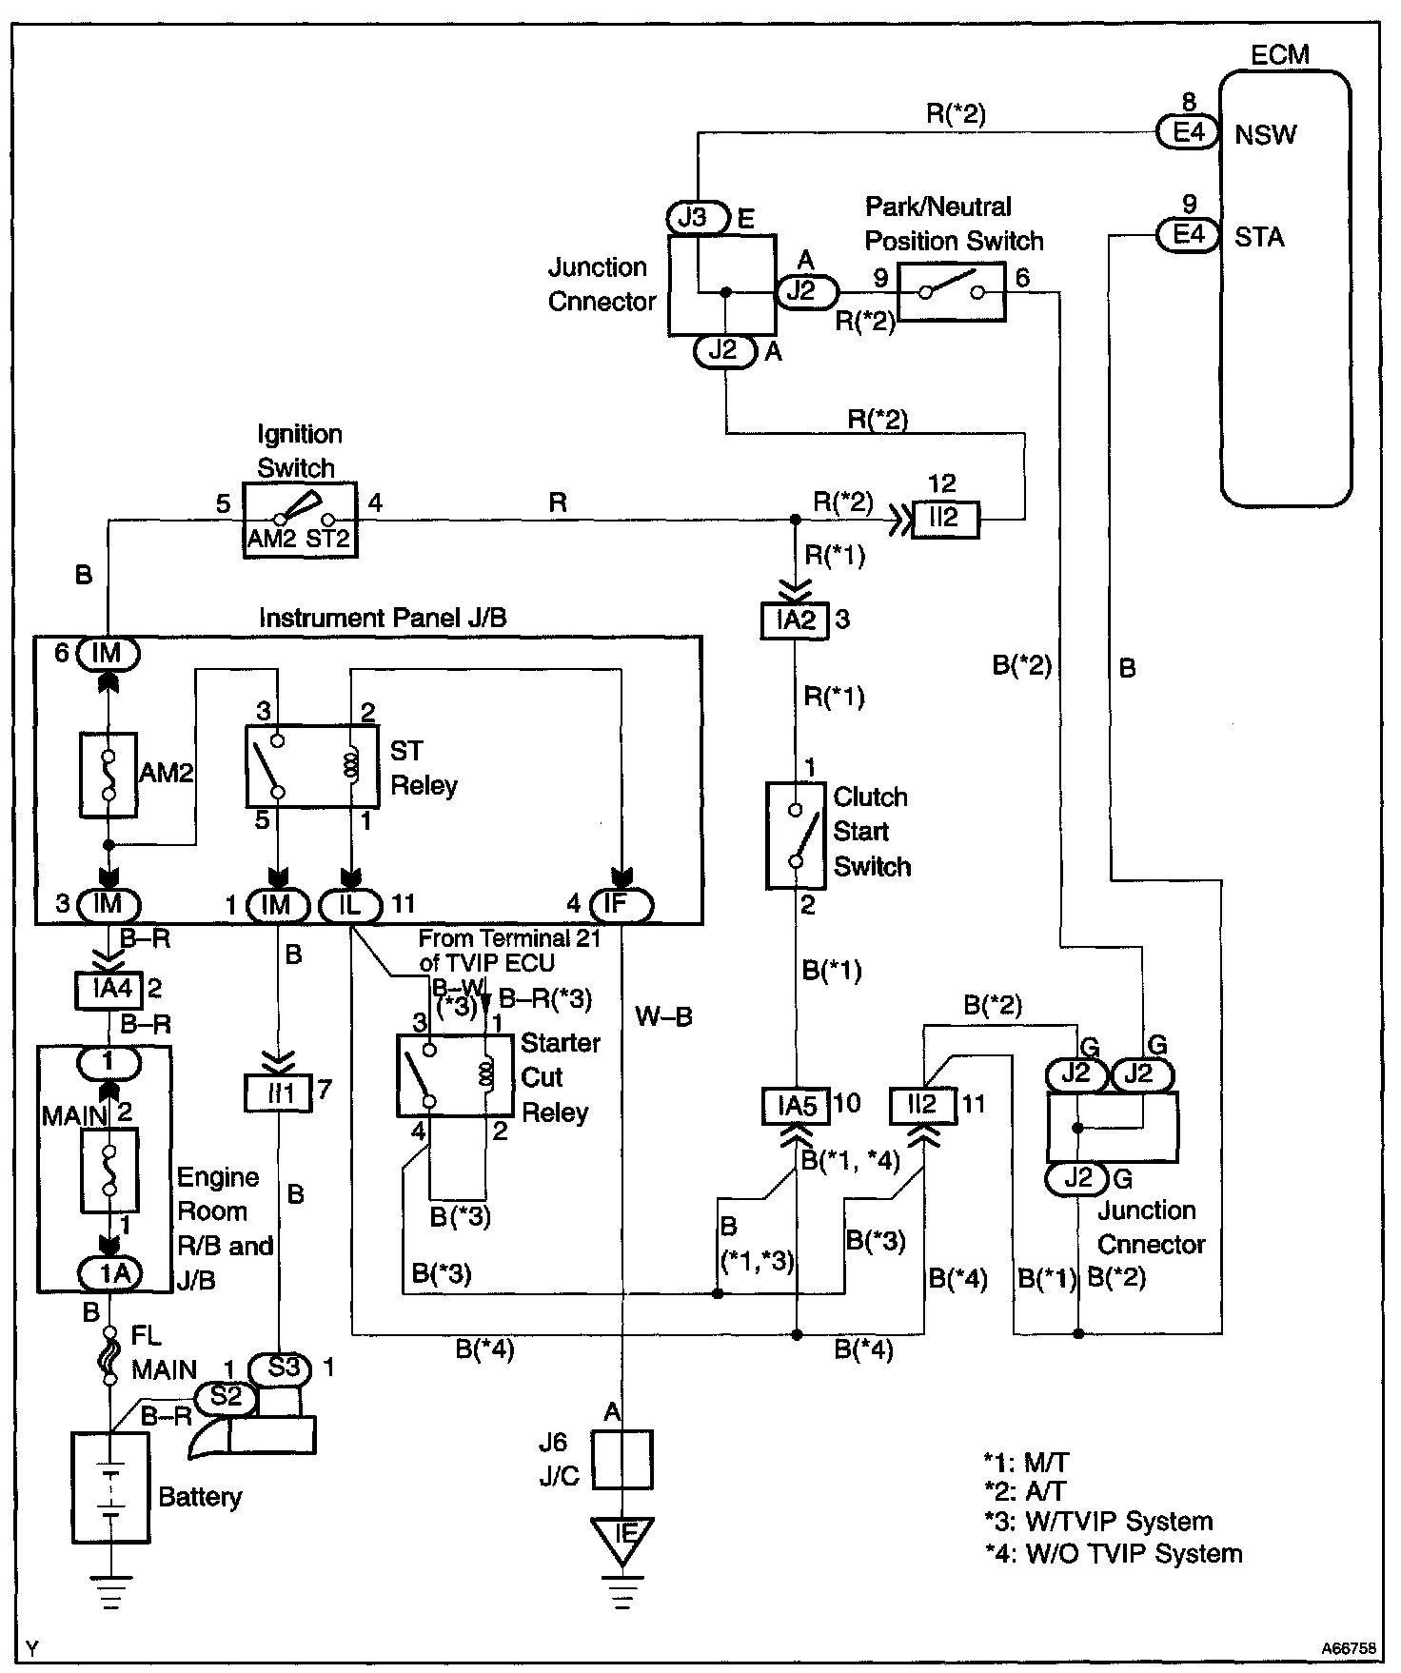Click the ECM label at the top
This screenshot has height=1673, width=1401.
point(1280,54)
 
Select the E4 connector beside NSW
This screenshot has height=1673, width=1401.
point(1188,132)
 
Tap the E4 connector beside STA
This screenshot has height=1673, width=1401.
point(1188,234)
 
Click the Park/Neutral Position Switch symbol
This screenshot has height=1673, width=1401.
point(951,293)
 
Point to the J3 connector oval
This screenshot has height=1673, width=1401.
point(695,218)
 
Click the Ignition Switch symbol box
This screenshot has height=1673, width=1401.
point(300,520)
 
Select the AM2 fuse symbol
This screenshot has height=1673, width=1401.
point(108,774)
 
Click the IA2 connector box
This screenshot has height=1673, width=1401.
point(796,620)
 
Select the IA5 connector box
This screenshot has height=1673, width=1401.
point(796,1105)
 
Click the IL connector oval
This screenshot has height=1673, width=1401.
point(349,903)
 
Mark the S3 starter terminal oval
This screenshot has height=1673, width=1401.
point(282,1368)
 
